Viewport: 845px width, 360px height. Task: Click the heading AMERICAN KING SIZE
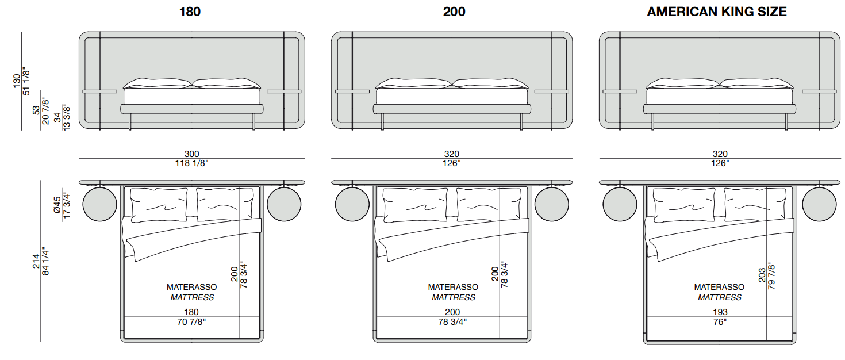pos(716,12)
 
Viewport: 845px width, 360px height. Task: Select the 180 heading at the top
pos(190,12)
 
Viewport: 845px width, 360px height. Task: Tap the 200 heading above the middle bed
pos(454,12)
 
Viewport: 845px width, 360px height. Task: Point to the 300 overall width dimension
pos(192,154)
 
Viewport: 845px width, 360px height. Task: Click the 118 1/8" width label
pos(192,163)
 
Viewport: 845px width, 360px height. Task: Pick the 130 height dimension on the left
pos(17,81)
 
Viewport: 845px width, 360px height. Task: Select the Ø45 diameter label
pos(56,204)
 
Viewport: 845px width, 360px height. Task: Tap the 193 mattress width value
pos(720,312)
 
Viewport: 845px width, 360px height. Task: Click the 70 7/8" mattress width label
pos(192,322)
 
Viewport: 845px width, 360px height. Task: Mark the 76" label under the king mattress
pos(720,322)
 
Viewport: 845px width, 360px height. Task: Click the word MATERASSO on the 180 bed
pos(192,286)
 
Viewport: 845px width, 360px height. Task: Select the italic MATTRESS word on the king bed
pos(720,297)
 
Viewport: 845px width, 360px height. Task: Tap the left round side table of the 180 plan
pos(100,204)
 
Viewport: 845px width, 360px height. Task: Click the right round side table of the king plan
pos(819,204)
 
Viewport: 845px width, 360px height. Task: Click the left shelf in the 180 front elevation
pos(99,91)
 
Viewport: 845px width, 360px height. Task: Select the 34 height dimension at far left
pos(56,117)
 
